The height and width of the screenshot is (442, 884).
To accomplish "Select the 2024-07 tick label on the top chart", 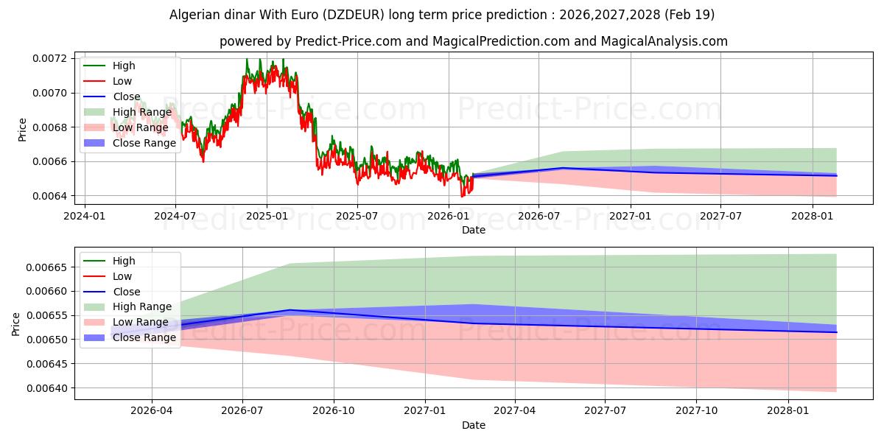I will coord(175,216).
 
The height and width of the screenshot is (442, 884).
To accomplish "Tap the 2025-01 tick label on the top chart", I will coord(266,216).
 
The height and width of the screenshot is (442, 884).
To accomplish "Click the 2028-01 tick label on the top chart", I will coord(813,216).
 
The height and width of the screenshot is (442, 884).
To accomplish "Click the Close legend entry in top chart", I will coord(126,97).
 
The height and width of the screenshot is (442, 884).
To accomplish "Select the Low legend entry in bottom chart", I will coord(122,276).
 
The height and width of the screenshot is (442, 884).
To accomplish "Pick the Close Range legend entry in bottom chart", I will coord(144,337).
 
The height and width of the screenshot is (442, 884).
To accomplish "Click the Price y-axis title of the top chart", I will coord(21,130).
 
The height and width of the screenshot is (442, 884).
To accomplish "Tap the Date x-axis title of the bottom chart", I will coord(473,425).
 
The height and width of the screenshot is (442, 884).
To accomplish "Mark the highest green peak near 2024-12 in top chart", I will coord(247,59).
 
